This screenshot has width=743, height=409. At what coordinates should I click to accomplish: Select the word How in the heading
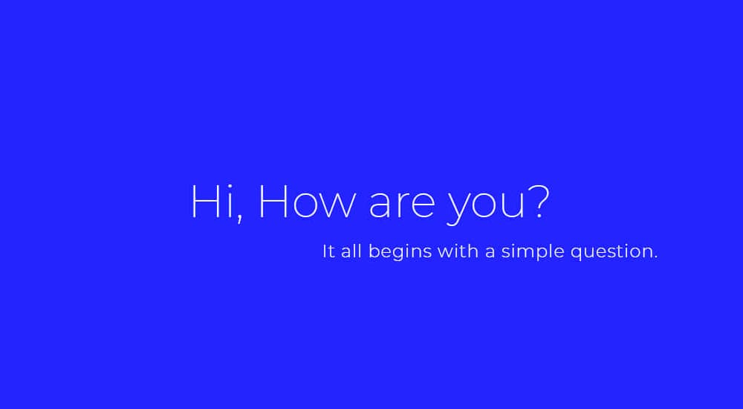305,202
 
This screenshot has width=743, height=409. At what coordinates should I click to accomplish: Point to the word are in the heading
401,205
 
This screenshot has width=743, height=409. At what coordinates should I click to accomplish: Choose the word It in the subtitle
329,251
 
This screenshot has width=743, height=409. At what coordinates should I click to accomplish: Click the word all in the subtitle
352,251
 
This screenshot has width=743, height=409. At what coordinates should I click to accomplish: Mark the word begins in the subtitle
400,253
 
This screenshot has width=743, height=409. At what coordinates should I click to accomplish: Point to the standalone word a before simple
490,253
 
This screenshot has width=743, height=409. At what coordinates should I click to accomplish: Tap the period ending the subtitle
656,257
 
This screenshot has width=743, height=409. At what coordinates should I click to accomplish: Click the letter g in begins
395,255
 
